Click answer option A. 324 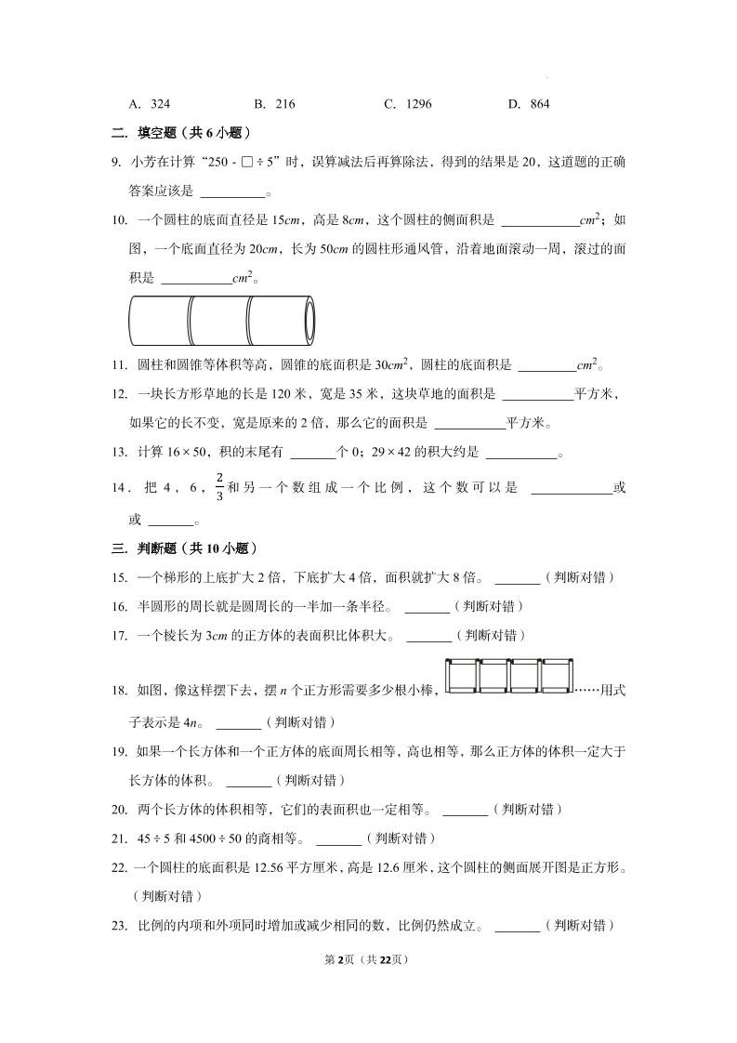[x=149, y=104]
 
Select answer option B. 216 [x=274, y=104]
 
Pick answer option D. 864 [x=529, y=104]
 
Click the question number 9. [x=116, y=162]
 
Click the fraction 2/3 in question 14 [x=220, y=487]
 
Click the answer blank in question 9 [x=232, y=193]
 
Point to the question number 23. [x=118, y=925]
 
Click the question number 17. [x=118, y=636]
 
